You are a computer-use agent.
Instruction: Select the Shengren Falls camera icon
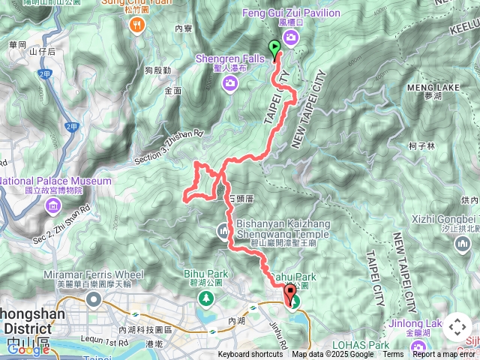[x=228, y=82]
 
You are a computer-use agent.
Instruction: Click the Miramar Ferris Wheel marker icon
[x=94, y=300]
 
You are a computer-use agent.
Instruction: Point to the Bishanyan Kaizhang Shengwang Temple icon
[x=223, y=233]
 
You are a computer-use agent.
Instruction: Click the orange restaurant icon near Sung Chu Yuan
[x=136, y=26]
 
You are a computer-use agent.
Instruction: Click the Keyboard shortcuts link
[x=250, y=355]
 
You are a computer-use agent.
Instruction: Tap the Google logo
[x=27, y=349]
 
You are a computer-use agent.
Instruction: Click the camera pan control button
[x=457, y=328]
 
